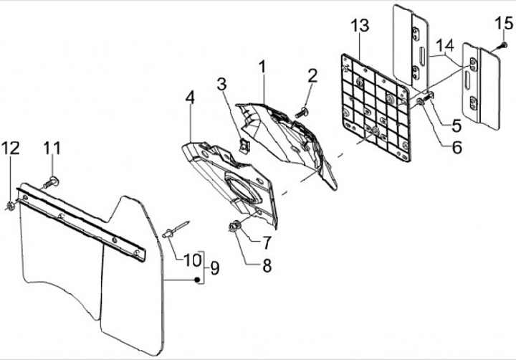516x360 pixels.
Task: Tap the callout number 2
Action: pyautogui.click(x=312, y=76)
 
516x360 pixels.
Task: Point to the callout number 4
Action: pyautogui.click(x=189, y=98)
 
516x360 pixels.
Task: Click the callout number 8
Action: pyautogui.click(x=267, y=265)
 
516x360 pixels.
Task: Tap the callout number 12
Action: pyautogui.click(x=10, y=148)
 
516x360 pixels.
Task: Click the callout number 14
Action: pyautogui.click(x=447, y=44)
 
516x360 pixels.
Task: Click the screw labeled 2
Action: pyautogui.click(x=303, y=110)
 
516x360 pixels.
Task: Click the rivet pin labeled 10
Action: pyautogui.click(x=173, y=232)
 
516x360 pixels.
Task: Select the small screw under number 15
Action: pyautogui.click(x=503, y=46)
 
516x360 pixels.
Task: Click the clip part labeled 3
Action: pyautogui.click(x=244, y=146)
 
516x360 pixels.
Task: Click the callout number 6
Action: pyautogui.click(x=457, y=148)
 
